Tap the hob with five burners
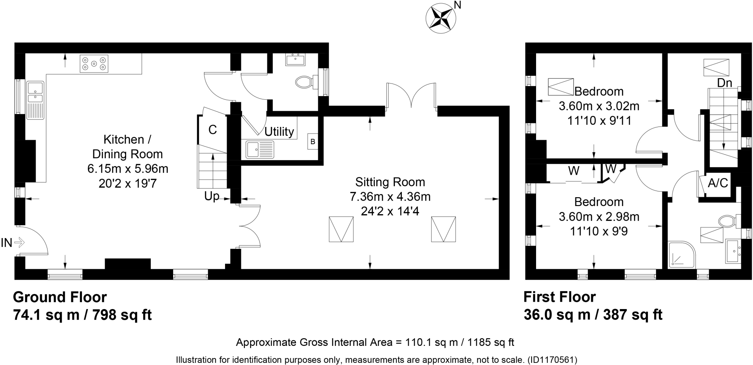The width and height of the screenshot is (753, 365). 94,64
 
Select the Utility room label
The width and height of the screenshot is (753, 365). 279,131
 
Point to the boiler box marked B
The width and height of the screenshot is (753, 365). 313,142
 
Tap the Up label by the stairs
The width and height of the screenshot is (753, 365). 211,196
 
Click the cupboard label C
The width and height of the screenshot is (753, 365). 213,130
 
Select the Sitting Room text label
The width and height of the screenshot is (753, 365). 390,182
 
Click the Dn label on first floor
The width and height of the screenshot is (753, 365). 724,83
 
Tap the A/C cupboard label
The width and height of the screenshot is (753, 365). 718,183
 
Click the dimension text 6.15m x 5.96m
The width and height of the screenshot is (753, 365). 128,169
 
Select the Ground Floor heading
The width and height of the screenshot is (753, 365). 60,297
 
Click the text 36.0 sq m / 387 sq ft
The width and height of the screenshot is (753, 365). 593,315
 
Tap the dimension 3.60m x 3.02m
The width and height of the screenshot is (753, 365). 599,106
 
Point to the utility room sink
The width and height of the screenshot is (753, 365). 260,149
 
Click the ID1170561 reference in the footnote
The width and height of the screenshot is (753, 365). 552,359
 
